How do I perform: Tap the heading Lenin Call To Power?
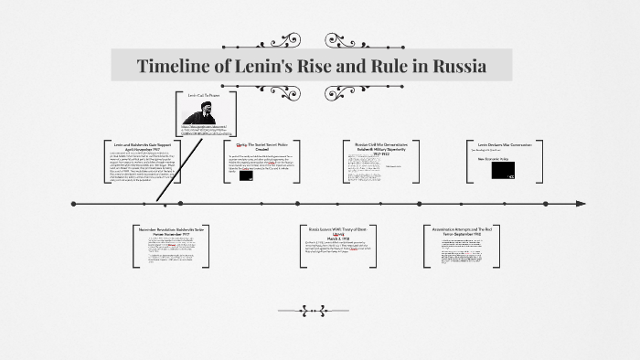click(206, 95)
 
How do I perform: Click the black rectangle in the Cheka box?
click(246, 175)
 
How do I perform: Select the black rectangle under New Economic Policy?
click(502, 169)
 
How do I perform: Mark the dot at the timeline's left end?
click(73, 203)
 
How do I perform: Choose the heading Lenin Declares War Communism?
click(505, 144)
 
